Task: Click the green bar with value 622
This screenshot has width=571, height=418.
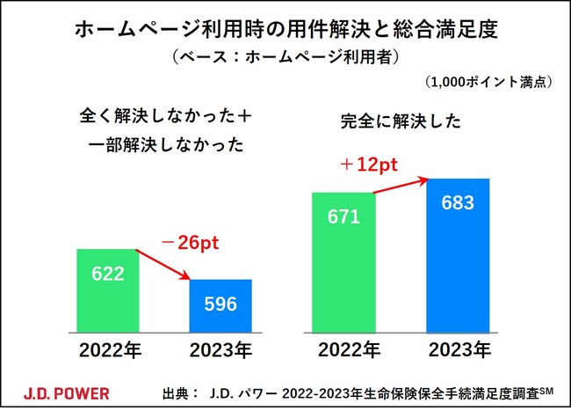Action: [108, 291]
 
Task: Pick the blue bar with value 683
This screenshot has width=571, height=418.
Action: [458, 255]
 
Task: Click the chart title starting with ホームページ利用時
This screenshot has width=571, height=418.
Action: [285, 30]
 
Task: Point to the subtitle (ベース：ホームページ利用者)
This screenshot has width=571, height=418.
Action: [285, 59]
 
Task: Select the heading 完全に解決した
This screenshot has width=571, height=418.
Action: [400, 123]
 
